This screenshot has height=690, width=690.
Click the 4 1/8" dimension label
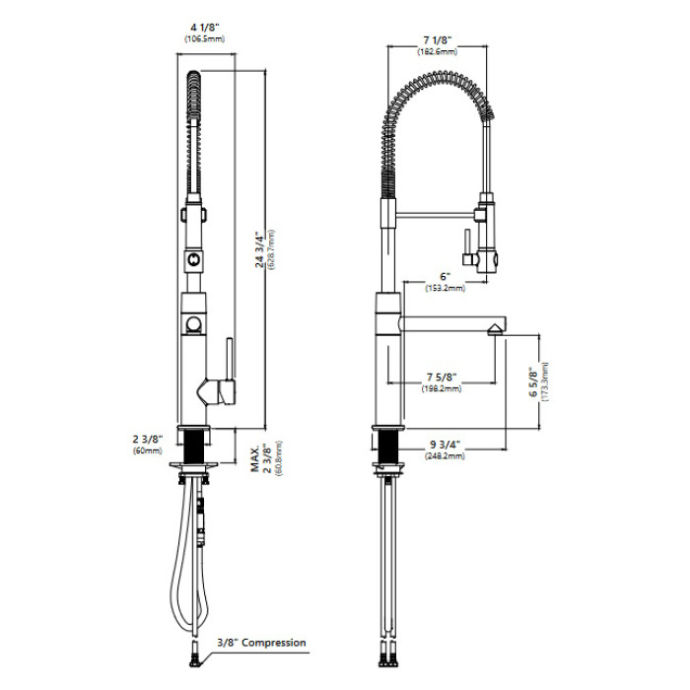(x=205, y=28)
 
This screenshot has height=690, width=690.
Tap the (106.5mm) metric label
(x=205, y=38)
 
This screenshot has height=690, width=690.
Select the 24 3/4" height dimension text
(x=261, y=251)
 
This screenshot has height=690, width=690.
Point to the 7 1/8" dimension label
(x=438, y=40)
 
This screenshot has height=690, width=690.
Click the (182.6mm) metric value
(x=438, y=51)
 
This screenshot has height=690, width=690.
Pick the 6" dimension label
(x=446, y=277)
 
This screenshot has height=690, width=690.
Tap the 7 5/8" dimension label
(x=442, y=378)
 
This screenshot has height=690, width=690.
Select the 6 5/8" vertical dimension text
(x=533, y=382)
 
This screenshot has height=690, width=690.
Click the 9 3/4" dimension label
(x=445, y=445)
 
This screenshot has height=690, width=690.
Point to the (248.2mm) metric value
(x=445, y=455)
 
